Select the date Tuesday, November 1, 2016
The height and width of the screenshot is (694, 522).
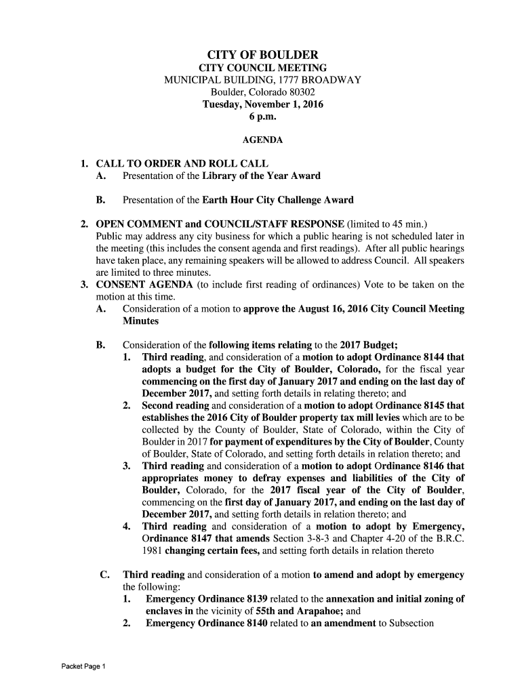click(263, 104)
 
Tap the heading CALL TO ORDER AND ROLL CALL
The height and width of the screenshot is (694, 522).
click(182, 163)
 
